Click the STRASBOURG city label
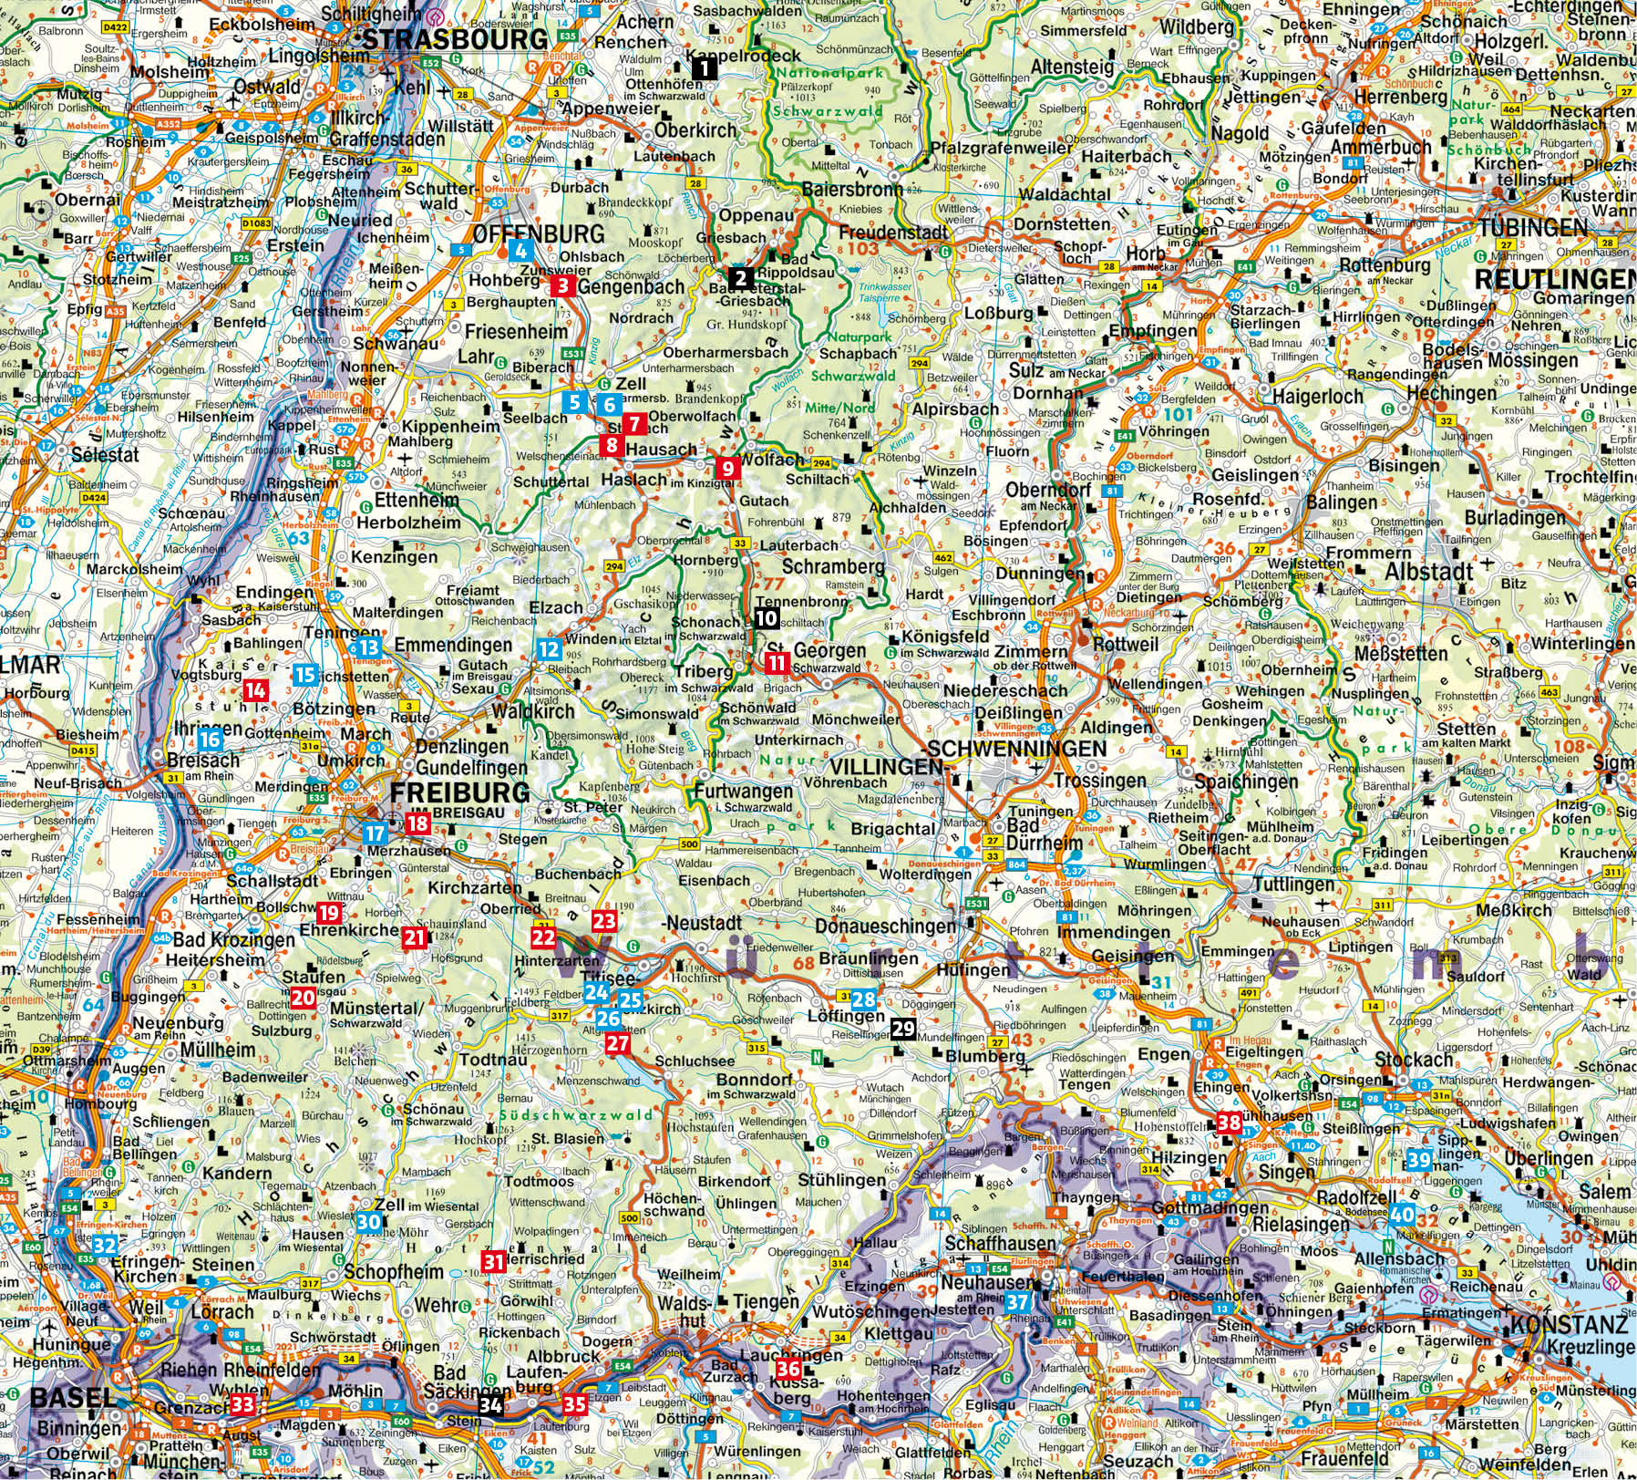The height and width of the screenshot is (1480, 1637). point(456,40)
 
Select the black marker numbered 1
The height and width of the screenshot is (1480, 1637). point(704,68)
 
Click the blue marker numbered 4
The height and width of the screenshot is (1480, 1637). point(520,252)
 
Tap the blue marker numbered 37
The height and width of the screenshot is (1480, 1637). point(1018,1301)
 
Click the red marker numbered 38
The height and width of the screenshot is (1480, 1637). point(1230,1123)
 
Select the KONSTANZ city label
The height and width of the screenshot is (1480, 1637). point(1568,1325)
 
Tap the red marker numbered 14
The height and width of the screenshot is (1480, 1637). point(255,690)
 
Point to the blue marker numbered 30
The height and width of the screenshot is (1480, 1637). point(368,1223)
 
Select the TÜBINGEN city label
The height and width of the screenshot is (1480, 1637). point(1532,227)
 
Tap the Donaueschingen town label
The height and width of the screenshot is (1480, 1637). point(887,926)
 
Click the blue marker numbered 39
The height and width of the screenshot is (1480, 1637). point(1419,1160)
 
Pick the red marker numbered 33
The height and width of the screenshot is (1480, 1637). point(242,1403)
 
